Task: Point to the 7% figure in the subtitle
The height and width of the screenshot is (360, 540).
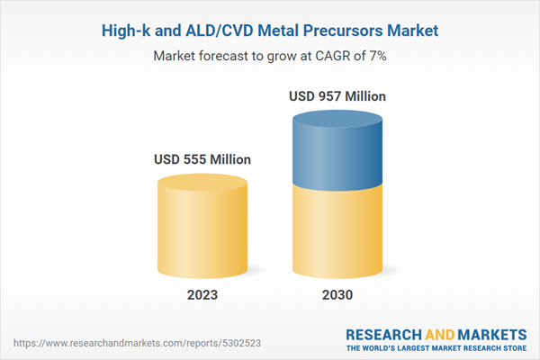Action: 374,56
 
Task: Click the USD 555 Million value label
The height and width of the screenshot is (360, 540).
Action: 202,160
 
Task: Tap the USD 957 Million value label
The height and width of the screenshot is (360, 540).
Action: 337,95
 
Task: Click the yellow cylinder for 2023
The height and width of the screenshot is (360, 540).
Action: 202,225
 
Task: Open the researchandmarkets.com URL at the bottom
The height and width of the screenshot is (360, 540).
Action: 126,343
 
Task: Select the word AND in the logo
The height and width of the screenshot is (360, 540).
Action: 441,333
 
